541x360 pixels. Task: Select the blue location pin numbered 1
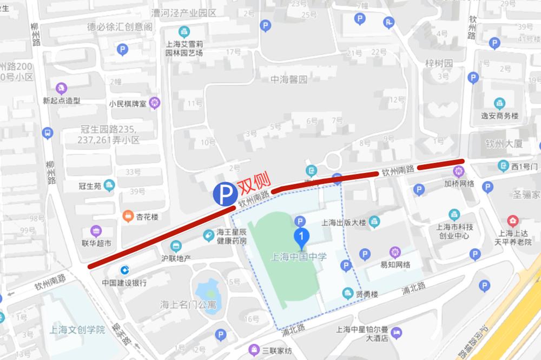[x=301, y=237]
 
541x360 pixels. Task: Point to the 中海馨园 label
[x=288, y=79]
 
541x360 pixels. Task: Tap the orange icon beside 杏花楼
[x=128, y=216]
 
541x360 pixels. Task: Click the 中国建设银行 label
[x=124, y=282]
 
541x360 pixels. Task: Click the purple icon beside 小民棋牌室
[x=155, y=102]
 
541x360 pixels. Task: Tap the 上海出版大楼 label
[x=344, y=222]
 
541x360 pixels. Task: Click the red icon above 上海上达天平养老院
[x=512, y=221]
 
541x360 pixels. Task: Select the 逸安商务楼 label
[x=499, y=116]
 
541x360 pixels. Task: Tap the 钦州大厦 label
[x=503, y=144]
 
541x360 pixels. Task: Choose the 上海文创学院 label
[x=76, y=329]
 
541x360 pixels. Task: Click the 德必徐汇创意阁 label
[x=120, y=26]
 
